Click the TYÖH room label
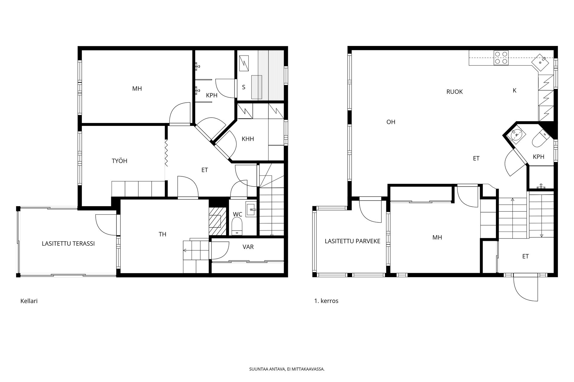coord(119,161)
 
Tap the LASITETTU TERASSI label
coord(68,244)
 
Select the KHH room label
coord(248,139)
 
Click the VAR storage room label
coord(248,247)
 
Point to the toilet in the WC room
coord(237,226)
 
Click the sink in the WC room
coord(251,209)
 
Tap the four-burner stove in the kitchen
coord(501,58)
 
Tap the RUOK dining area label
coord(454,92)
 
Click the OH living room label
coord(391,122)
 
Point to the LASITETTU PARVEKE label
coord(352,241)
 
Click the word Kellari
coord(29,301)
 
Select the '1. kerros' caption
coord(326,301)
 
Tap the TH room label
coord(162,235)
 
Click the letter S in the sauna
coord(244,87)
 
